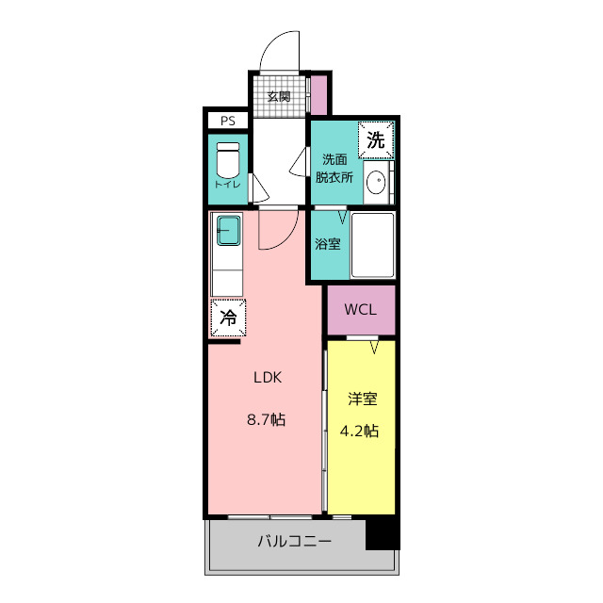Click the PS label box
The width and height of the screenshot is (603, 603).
click(227, 121)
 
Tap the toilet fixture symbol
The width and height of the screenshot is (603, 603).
click(228, 160)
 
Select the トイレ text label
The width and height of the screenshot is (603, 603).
click(228, 184)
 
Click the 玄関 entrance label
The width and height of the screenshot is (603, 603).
click(278, 96)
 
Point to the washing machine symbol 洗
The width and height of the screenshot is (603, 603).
click(376, 141)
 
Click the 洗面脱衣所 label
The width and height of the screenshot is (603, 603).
click(334, 167)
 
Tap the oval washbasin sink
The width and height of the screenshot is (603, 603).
click(375, 183)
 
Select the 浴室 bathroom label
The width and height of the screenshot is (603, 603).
click(328, 243)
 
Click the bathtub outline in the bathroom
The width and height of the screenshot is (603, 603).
click(372, 245)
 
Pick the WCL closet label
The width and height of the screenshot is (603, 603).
click(360, 310)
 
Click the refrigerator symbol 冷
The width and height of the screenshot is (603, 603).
click(228, 318)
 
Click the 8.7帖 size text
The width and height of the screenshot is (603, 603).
click(267, 420)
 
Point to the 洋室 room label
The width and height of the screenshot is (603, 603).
click(362, 399)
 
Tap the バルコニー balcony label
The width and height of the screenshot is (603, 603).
click(294, 542)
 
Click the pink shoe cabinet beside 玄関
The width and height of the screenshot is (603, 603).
click(318, 94)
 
